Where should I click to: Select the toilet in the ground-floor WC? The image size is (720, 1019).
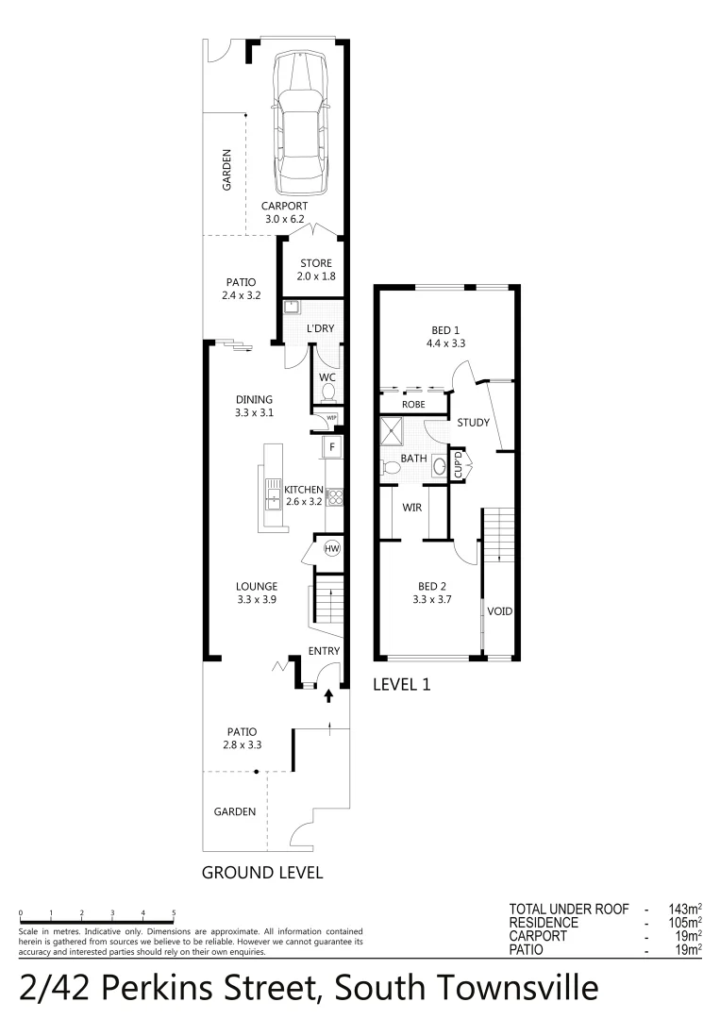point(328,390)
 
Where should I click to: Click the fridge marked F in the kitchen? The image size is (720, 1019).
point(332,445)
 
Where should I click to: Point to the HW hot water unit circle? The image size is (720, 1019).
point(331,548)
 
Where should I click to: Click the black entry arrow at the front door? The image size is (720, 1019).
point(328,696)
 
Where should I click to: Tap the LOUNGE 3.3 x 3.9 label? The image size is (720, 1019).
point(257,593)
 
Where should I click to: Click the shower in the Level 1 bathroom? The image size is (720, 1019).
point(391,432)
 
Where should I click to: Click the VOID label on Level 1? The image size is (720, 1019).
point(499,611)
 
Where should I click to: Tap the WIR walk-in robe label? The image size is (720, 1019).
point(411,508)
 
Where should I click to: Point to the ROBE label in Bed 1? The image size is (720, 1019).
point(413,404)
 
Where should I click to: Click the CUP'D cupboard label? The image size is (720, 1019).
point(459,466)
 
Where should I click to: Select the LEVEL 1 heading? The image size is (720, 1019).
point(402,685)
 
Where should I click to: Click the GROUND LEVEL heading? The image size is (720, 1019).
point(262,873)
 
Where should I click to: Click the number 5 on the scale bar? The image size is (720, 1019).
point(174,913)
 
